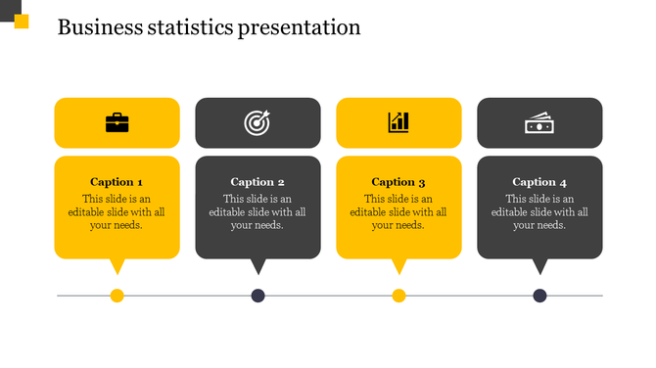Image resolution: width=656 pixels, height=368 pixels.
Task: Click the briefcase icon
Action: pyautogui.click(x=117, y=122)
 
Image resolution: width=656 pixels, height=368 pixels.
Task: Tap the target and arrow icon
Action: pyautogui.click(x=258, y=122)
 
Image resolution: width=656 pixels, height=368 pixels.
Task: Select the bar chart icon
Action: pyautogui.click(x=398, y=122)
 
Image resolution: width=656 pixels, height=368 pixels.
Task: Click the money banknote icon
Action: pyautogui.click(x=539, y=123)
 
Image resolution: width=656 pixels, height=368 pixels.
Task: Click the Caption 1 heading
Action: pyautogui.click(x=117, y=182)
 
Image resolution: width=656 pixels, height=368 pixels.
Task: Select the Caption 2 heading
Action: pyautogui.click(x=258, y=182)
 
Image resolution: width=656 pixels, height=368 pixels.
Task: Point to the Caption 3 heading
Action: pyautogui.click(x=398, y=182)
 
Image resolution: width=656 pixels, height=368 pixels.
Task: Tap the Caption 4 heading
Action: pyautogui.click(x=539, y=182)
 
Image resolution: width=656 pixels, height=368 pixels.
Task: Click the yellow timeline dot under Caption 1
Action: pyautogui.click(x=117, y=296)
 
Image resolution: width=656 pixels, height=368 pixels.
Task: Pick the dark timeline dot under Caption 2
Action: pyautogui.click(x=258, y=296)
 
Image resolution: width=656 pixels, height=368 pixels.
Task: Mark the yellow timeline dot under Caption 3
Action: pyautogui.click(x=398, y=296)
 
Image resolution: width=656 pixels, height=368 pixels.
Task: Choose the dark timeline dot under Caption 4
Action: pyautogui.click(x=539, y=296)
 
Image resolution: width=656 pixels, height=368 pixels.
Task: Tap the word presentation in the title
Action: pyautogui.click(x=299, y=28)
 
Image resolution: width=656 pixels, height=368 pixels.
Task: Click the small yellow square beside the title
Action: pyautogui.click(x=22, y=22)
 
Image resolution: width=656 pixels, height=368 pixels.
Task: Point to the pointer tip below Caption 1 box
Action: pyautogui.click(x=117, y=271)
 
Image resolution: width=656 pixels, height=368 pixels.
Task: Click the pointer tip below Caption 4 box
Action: pyautogui.click(x=539, y=271)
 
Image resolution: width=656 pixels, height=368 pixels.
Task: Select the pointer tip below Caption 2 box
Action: pyautogui.click(x=258, y=271)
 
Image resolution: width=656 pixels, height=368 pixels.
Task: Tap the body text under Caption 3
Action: pyautogui.click(x=398, y=212)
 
